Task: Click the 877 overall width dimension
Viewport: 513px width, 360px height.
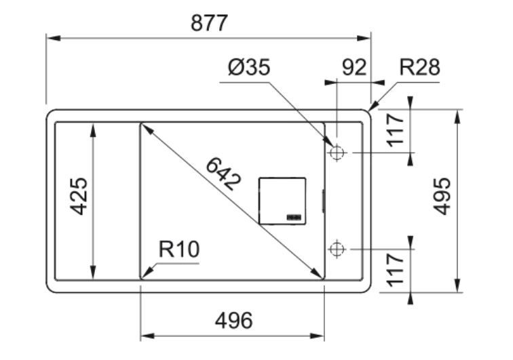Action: pyautogui.click(x=208, y=22)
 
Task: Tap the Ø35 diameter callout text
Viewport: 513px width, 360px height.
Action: pyautogui.click(x=249, y=67)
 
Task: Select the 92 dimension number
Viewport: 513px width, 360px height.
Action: pyautogui.click(x=353, y=67)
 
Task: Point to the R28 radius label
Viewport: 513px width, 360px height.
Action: pyautogui.click(x=419, y=67)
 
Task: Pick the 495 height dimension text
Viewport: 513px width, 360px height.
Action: pyautogui.click(x=442, y=196)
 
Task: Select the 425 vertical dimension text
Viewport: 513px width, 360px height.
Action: pyautogui.click(x=79, y=196)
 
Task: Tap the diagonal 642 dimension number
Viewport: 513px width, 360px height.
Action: pyautogui.click(x=223, y=174)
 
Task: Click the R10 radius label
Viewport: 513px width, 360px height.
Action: pyautogui.click(x=179, y=249)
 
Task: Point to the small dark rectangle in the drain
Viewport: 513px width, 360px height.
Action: pyautogui.click(x=294, y=218)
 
